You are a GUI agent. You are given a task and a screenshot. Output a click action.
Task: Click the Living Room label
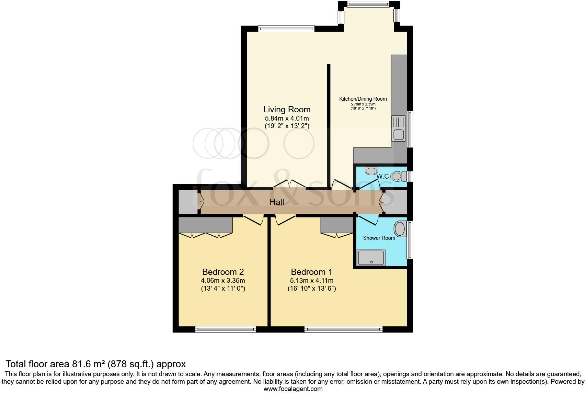pyautogui.click(x=287, y=110)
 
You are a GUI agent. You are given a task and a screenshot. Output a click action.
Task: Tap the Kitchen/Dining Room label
pyautogui.click(x=363, y=99)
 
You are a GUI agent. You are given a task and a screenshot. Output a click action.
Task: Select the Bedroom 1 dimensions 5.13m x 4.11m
pyautogui.click(x=311, y=281)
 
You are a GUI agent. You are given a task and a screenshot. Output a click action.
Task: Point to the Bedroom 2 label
pyautogui.click(x=223, y=272)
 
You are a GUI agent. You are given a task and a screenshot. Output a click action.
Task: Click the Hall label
pyautogui.click(x=277, y=202)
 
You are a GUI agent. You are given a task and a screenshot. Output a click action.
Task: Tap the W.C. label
pyautogui.click(x=383, y=177)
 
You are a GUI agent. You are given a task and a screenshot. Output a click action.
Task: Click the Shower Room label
pyautogui.click(x=379, y=238)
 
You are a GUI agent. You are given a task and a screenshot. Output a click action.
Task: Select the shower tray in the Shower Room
pyautogui.click(x=371, y=258)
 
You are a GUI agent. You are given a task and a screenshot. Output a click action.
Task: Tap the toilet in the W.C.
pyautogui.click(x=398, y=177)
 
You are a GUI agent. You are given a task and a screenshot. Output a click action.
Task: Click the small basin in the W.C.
pyautogui.click(x=371, y=170)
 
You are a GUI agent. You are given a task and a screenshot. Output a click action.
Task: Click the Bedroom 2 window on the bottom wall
pyautogui.click(x=226, y=329)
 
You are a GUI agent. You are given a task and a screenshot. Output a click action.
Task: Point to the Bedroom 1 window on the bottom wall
pyautogui.click(x=343, y=329)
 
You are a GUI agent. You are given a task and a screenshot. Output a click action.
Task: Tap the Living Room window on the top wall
pyautogui.click(x=286, y=29)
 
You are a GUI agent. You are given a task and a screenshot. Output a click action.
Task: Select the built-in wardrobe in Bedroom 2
pyautogui.click(x=205, y=225)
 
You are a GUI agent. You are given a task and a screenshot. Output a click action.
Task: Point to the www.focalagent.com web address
pyautogui.click(x=293, y=389)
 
